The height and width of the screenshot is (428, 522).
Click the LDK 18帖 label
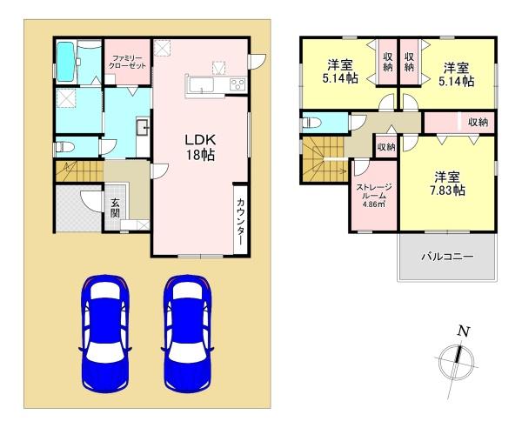(x=199, y=147)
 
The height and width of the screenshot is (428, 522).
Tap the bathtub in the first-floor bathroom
(x=66, y=61)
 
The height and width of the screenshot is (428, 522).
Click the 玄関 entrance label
(x=115, y=211)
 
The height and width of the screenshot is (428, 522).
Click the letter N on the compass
(x=464, y=331)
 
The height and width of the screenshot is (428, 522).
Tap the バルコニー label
(x=447, y=257)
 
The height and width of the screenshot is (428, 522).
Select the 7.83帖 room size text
(x=448, y=189)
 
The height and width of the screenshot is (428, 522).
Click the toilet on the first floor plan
(x=67, y=145)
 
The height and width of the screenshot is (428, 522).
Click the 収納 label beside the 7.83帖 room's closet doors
(x=477, y=122)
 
